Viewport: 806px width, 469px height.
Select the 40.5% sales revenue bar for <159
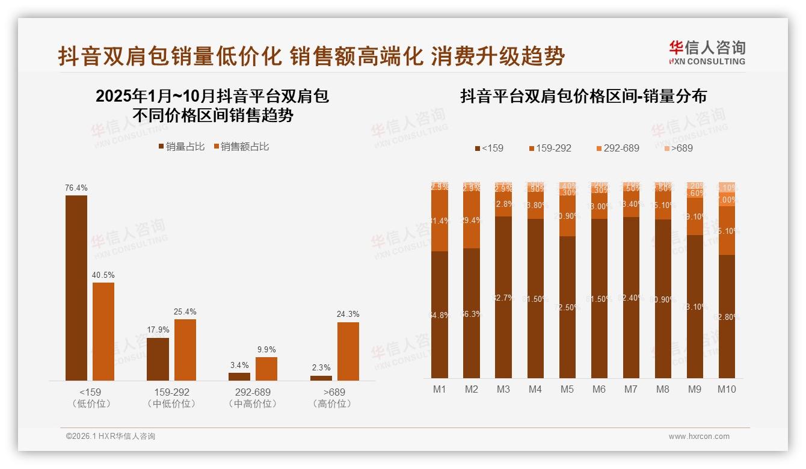[x=103, y=331]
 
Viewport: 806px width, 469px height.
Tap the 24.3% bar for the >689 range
[x=348, y=351]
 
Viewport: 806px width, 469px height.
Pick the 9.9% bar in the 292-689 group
[x=266, y=369]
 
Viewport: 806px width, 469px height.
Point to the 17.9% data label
[x=158, y=330]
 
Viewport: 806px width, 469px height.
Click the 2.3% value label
[x=321, y=367]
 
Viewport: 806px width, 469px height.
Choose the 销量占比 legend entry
[x=181, y=147]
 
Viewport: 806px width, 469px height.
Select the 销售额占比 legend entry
[x=241, y=147]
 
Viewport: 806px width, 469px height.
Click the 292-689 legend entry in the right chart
[x=617, y=148]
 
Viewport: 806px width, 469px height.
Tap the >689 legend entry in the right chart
[x=678, y=148]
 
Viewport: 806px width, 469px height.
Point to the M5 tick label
[x=567, y=389]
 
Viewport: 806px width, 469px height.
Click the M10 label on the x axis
[x=727, y=389]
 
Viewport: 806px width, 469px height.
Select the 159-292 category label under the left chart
[x=171, y=393]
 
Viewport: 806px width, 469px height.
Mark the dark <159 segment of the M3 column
[x=503, y=297]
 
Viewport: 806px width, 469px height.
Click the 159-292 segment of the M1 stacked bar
[x=440, y=221]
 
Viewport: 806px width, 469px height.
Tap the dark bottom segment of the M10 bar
[x=727, y=316]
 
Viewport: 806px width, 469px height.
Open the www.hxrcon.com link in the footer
[x=699, y=437]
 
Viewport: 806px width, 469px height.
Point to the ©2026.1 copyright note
[x=111, y=437]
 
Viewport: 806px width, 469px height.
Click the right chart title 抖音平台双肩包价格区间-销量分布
[x=583, y=96]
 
